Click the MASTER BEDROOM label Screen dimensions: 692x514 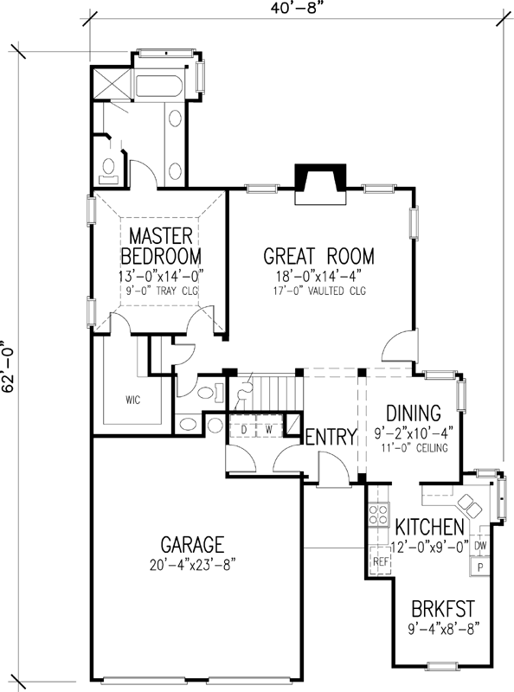pos(161,246)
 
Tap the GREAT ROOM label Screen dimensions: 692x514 pos(318,256)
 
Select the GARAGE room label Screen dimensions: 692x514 pos(193,545)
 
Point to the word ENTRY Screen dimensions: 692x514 pos(331,437)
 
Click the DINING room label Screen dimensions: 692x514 pos(413,413)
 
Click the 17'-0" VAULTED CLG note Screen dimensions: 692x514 pos(318,291)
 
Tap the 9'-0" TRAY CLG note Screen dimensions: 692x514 pos(161,292)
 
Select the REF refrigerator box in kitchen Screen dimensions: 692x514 pos(379,560)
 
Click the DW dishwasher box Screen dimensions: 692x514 pos(480,546)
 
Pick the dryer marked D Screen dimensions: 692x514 pos(244,428)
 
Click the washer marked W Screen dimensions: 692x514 pos(268,428)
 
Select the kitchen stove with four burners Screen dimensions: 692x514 pos(379,516)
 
